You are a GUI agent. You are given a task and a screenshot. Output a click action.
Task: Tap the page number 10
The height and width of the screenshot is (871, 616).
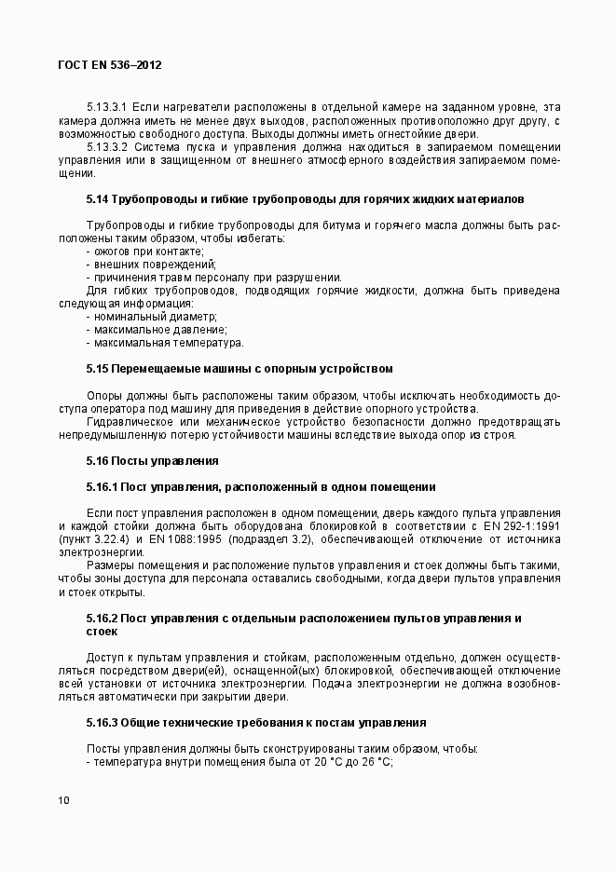click(x=62, y=800)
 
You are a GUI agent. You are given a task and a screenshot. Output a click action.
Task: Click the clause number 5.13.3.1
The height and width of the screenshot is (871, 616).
click(x=107, y=108)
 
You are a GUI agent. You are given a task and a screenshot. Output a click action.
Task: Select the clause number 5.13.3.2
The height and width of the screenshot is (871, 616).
click(x=107, y=147)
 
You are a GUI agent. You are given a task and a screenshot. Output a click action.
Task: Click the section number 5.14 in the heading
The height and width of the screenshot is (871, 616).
click(x=98, y=199)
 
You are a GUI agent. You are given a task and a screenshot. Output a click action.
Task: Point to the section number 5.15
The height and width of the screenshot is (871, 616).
click(x=98, y=369)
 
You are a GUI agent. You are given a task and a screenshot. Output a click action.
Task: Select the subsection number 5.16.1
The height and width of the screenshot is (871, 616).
click(x=102, y=486)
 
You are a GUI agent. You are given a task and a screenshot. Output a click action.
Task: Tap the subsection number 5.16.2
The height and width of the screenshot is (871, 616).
click(x=102, y=619)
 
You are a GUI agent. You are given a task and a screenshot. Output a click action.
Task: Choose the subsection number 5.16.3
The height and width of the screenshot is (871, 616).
click(x=102, y=722)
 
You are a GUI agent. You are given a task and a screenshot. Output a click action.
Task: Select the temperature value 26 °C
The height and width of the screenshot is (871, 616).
click(x=376, y=763)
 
